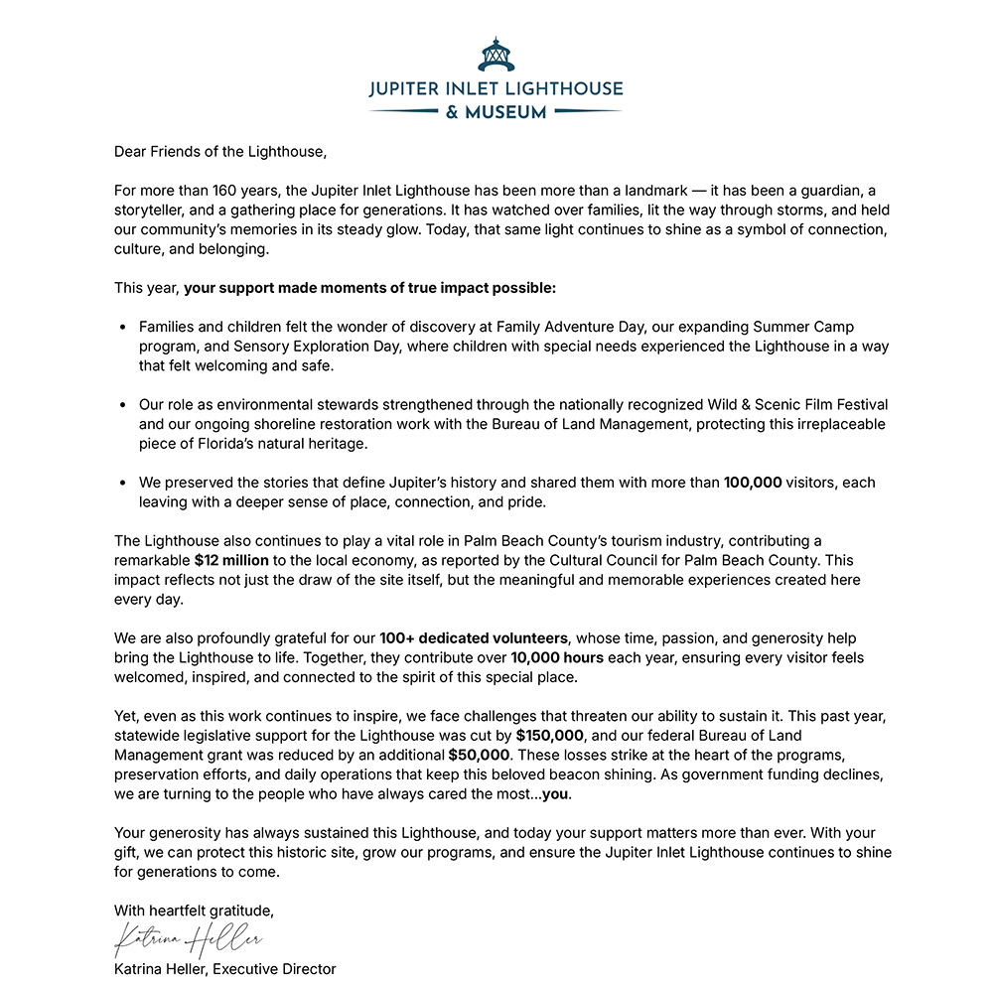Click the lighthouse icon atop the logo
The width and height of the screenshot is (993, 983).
[x=496, y=54]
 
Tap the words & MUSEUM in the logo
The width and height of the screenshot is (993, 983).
[x=496, y=112]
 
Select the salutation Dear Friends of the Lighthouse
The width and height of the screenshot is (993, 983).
[x=219, y=152]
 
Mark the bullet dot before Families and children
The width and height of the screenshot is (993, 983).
[x=122, y=327]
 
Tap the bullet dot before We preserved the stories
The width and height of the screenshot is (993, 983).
[x=122, y=483]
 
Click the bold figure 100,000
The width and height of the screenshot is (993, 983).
[x=753, y=483]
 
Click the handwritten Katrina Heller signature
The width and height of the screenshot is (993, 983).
[x=189, y=938]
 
